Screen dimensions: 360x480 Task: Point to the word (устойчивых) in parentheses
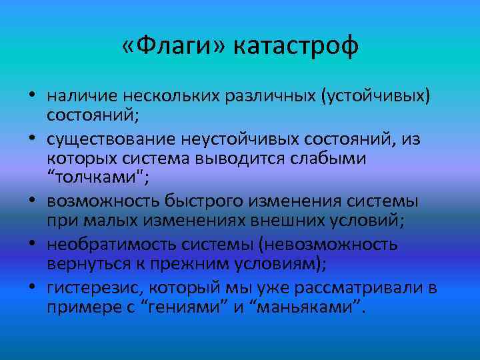(x=376, y=97)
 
